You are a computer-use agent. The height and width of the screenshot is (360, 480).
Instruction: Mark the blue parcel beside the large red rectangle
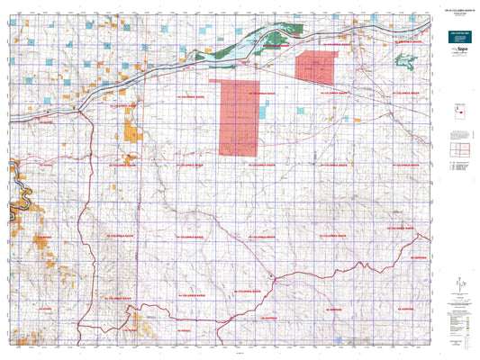(x=263, y=113)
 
